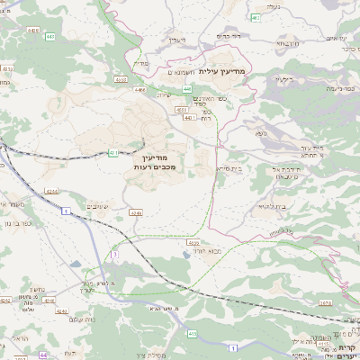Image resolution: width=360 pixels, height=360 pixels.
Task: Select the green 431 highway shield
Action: (112, 153)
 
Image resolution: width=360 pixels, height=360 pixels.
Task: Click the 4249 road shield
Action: (135, 212)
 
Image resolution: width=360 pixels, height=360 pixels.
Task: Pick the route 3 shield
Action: (114, 255)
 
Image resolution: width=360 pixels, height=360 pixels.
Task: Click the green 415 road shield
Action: (193, 333)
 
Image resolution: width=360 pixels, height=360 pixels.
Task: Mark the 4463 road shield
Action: (121, 79)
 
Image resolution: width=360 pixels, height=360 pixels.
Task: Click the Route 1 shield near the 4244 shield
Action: (66, 210)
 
